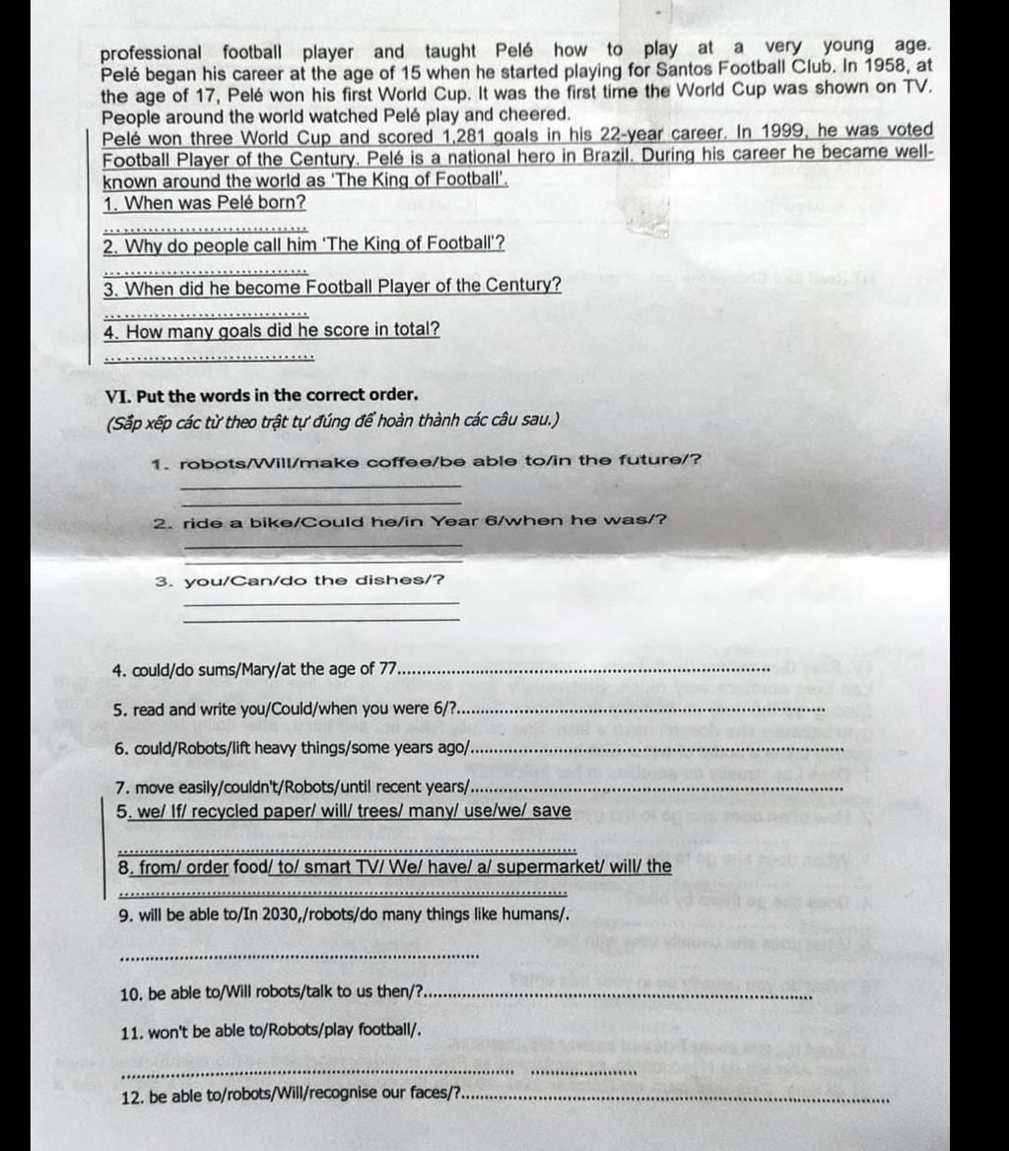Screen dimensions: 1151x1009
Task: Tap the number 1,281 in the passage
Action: pyautogui.click(x=443, y=136)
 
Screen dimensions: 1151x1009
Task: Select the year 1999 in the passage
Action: pyautogui.click(x=785, y=132)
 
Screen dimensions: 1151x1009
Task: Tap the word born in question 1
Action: pyautogui.click(x=283, y=203)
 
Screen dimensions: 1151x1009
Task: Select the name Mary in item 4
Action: pyautogui.click(x=255, y=670)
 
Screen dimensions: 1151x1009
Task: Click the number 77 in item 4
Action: pyautogui.click(x=390, y=669)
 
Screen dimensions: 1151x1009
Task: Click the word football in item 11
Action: pyautogui.click(x=384, y=1031)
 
